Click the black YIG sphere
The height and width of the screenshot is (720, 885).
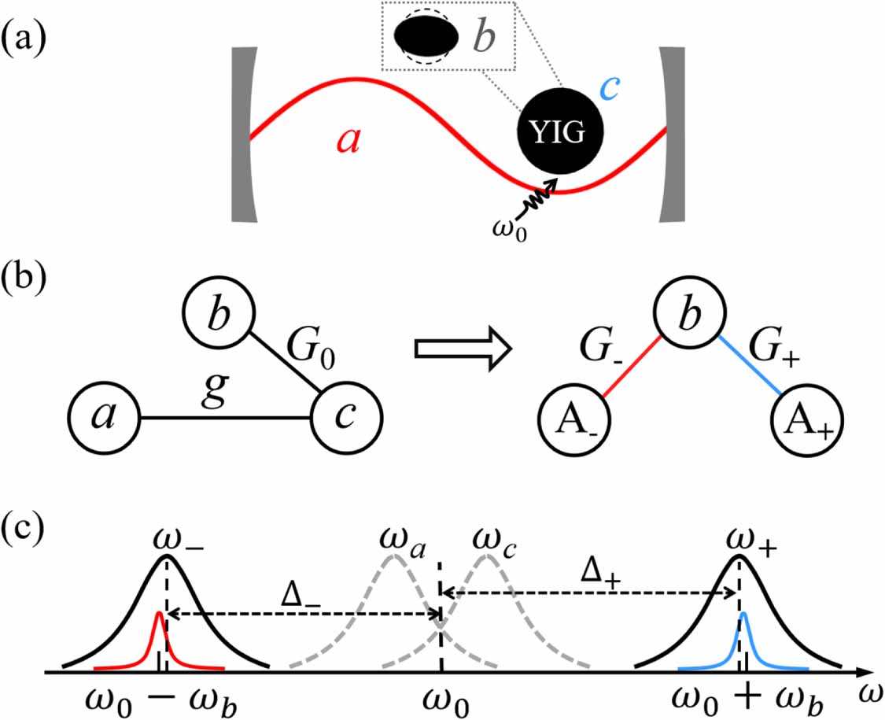point(560,134)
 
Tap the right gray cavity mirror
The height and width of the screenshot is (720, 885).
point(673,134)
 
